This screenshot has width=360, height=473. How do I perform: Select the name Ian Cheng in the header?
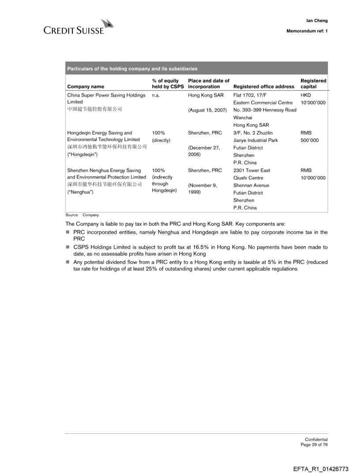tap(317, 20)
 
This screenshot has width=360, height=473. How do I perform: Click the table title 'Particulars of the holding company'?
tap(132, 68)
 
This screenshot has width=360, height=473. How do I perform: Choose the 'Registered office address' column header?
tap(263, 87)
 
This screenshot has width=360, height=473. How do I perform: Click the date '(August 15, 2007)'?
tap(207, 110)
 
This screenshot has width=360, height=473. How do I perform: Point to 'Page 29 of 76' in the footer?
tap(314, 444)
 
